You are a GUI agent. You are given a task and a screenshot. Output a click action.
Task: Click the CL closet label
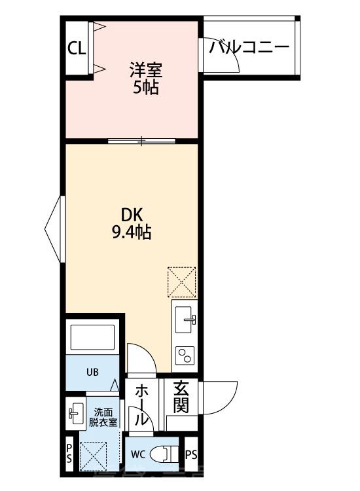click(x=77, y=50)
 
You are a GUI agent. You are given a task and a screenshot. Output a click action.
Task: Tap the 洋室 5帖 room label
click(x=145, y=77)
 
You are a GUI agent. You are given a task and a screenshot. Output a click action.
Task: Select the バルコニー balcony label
click(x=249, y=46)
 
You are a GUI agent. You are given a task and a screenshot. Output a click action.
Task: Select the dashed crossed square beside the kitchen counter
click(x=182, y=281)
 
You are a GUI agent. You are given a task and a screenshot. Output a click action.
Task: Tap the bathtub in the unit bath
click(x=92, y=339)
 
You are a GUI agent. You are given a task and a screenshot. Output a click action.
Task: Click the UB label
click(x=93, y=373)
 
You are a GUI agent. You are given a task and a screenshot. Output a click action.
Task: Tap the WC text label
click(x=137, y=454)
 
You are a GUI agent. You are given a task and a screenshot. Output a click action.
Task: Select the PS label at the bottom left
click(x=69, y=452)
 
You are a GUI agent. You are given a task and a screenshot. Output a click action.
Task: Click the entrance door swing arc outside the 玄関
click(x=221, y=396)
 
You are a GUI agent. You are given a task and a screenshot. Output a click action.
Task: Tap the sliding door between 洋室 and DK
click(x=142, y=140)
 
